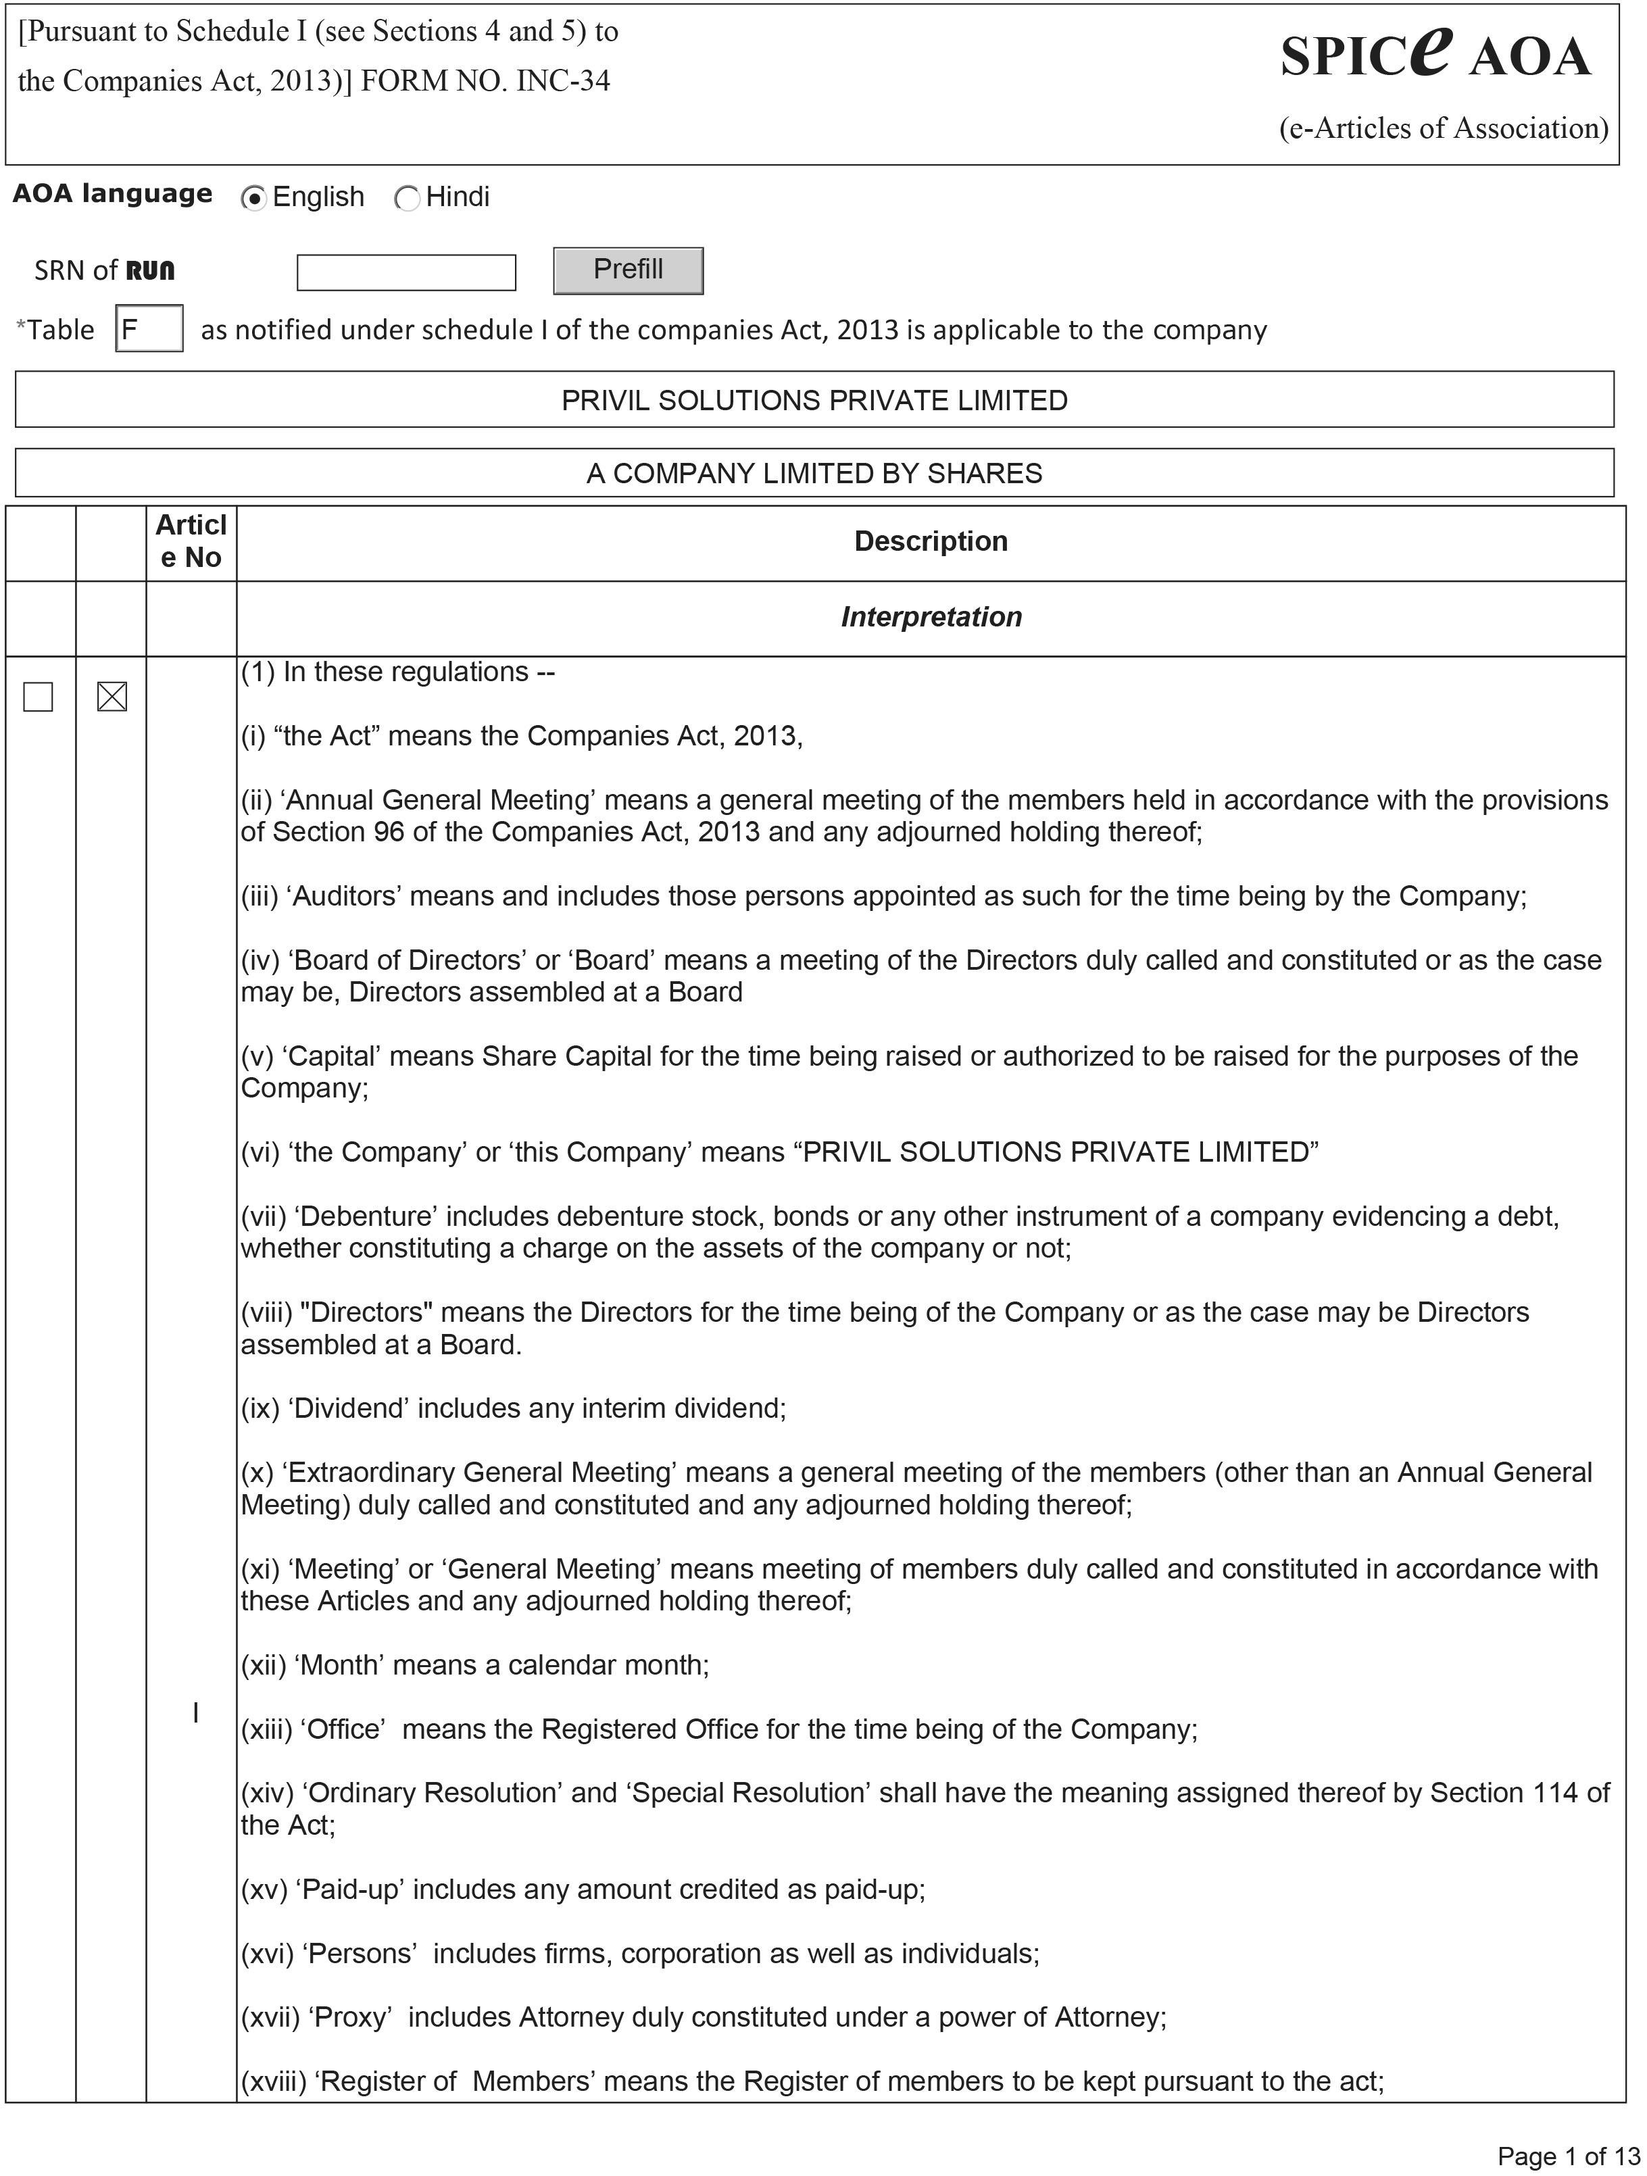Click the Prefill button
tap(628, 270)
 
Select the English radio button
tap(254, 199)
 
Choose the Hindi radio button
tap(406, 199)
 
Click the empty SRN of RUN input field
tap(405, 272)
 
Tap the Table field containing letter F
tap(149, 328)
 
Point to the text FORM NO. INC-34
tap(485, 80)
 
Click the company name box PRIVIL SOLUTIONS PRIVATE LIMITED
tap(814, 400)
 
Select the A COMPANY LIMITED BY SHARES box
tap(814, 473)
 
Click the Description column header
tap(930, 541)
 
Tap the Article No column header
tap(191, 541)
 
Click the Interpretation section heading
tap(930, 617)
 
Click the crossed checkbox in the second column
tap(112, 697)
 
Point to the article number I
tap(196, 1712)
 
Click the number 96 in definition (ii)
tap(389, 833)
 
